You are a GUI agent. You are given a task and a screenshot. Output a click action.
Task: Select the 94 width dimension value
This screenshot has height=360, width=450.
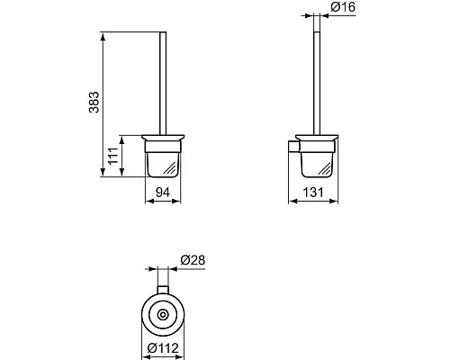click(x=161, y=190)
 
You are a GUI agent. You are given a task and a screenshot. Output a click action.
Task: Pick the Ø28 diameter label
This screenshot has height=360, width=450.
click(x=192, y=259)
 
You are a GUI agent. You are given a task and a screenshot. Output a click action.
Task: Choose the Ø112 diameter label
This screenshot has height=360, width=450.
click(x=166, y=347)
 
